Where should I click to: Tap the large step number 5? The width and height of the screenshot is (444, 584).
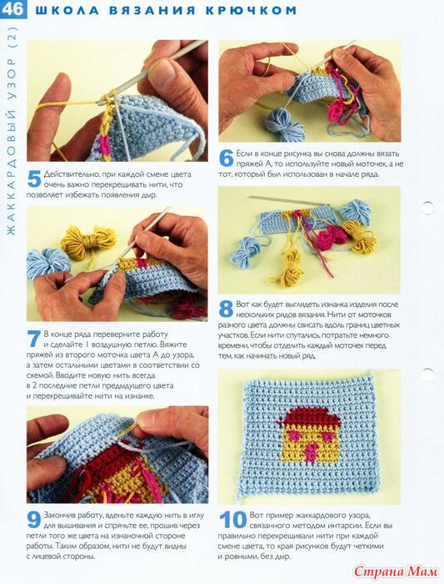point(34,179)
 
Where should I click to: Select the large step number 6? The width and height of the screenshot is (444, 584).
point(226,158)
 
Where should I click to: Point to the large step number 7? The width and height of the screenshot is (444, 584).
point(34,340)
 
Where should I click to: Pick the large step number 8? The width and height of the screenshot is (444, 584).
point(226,309)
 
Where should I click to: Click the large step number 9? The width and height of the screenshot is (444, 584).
point(34,520)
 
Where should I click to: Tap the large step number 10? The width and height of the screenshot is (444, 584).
point(232,520)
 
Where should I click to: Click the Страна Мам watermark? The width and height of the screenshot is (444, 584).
point(396,571)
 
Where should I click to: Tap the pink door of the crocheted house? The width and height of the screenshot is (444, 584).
point(311,452)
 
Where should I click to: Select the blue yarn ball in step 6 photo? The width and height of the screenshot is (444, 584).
point(285,126)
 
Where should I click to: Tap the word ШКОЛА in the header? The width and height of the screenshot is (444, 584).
point(67,10)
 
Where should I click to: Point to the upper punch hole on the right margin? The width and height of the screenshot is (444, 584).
point(427,208)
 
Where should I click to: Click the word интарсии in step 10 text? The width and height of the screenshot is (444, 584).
point(344,526)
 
